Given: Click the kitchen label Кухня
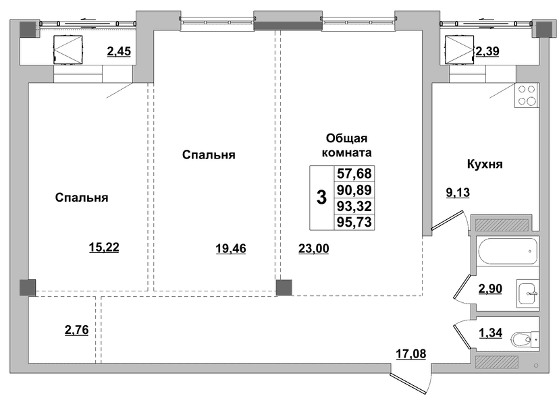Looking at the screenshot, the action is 485,164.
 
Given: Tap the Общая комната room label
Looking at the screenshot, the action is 346,145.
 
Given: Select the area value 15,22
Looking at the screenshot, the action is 104,247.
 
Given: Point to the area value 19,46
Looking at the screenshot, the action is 231,248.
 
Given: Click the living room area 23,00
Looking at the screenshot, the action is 314,248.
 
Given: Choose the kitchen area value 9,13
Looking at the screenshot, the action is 458,193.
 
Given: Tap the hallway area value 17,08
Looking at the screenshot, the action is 411,353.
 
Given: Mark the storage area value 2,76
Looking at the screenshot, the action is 77,330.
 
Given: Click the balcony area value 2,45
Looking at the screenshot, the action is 119,51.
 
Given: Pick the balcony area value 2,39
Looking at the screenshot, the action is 487,51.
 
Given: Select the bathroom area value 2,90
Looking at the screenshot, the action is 490,288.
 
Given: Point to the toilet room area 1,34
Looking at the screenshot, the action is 491,333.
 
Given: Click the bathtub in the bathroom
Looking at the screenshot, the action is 508,251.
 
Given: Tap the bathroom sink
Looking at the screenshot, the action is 528,294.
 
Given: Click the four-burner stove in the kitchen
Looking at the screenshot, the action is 526,95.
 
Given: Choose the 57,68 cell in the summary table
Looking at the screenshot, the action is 354,174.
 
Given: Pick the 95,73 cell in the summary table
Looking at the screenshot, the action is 354,222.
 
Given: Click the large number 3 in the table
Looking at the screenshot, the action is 321,198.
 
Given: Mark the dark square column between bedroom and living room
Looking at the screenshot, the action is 284,288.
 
